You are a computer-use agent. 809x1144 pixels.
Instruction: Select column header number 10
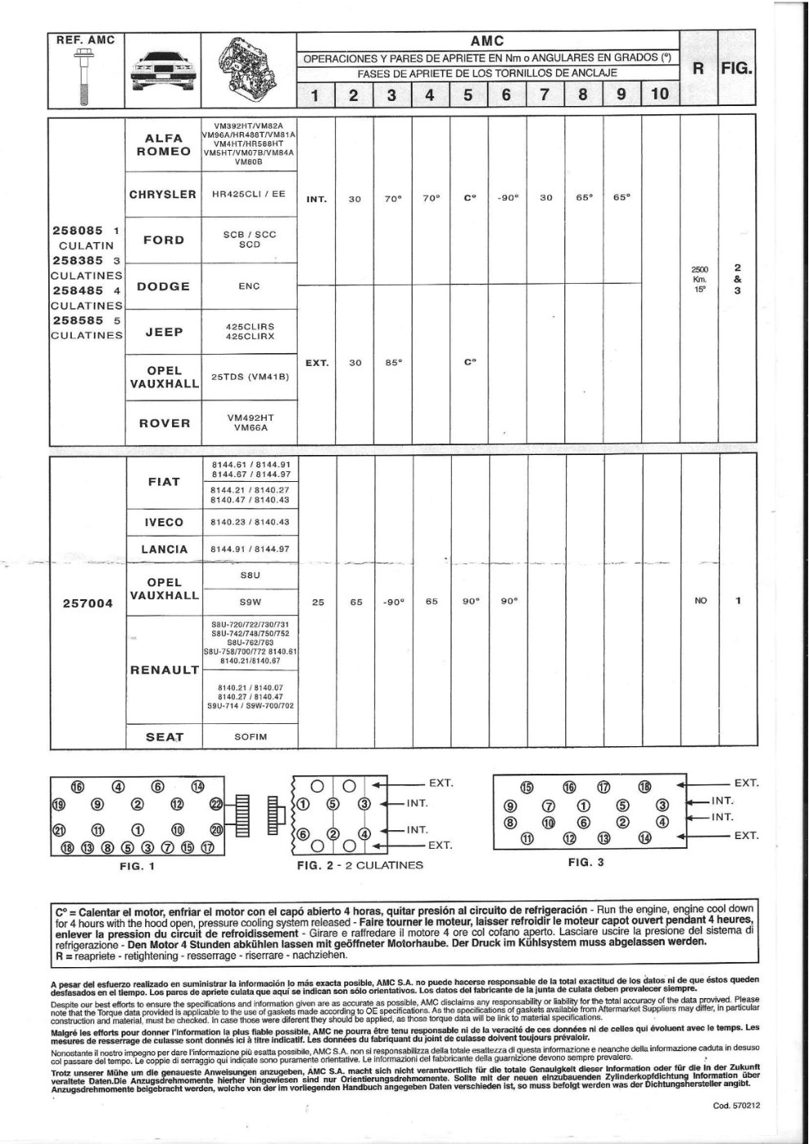pos(660,93)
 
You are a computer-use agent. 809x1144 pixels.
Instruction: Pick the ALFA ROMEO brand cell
pos(164,145)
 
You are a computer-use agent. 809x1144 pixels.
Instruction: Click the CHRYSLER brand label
pos(163,194)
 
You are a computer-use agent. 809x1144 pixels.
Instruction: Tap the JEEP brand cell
pos(164,332)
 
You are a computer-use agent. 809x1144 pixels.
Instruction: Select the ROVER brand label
pos(164,423)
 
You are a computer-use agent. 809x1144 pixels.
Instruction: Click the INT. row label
pos(316,199)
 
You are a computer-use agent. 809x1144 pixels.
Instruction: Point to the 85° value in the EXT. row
pos(393,363)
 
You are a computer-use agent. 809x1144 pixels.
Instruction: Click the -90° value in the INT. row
pos(507,198)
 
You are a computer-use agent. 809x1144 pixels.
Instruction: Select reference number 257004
pos(88,603)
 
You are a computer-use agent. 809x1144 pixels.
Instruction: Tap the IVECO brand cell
pos(164,522)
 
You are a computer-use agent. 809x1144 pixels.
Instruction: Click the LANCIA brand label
pos(164,550)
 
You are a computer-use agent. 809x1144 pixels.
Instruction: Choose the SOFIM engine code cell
pos(250,736)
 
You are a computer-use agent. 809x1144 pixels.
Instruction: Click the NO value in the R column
pos(701,601)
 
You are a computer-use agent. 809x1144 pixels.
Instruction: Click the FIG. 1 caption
pos(137,866)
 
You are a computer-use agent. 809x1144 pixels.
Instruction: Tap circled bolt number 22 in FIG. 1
pos(216,804)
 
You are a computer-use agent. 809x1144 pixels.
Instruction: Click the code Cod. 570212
pos(736,1106)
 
